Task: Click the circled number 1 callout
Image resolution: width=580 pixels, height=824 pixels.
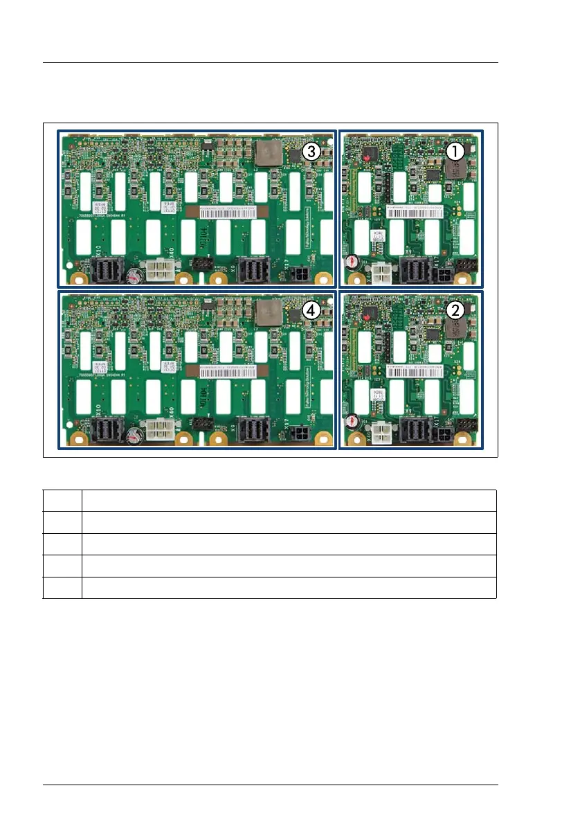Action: click(x=454, y=150)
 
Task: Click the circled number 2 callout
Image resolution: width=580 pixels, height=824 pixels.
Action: click(x=454, y=309)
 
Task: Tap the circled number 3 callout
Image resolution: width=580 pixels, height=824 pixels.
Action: click(x=311, y=152)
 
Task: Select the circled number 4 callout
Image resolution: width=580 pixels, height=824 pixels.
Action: click(x=311, y=312)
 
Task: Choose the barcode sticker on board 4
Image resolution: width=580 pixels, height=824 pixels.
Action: click(x=232, y=371)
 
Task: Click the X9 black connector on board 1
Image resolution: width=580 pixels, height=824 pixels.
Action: click(x=415, y=271)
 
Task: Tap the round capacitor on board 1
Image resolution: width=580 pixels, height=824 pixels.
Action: click(x=352, y=263)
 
